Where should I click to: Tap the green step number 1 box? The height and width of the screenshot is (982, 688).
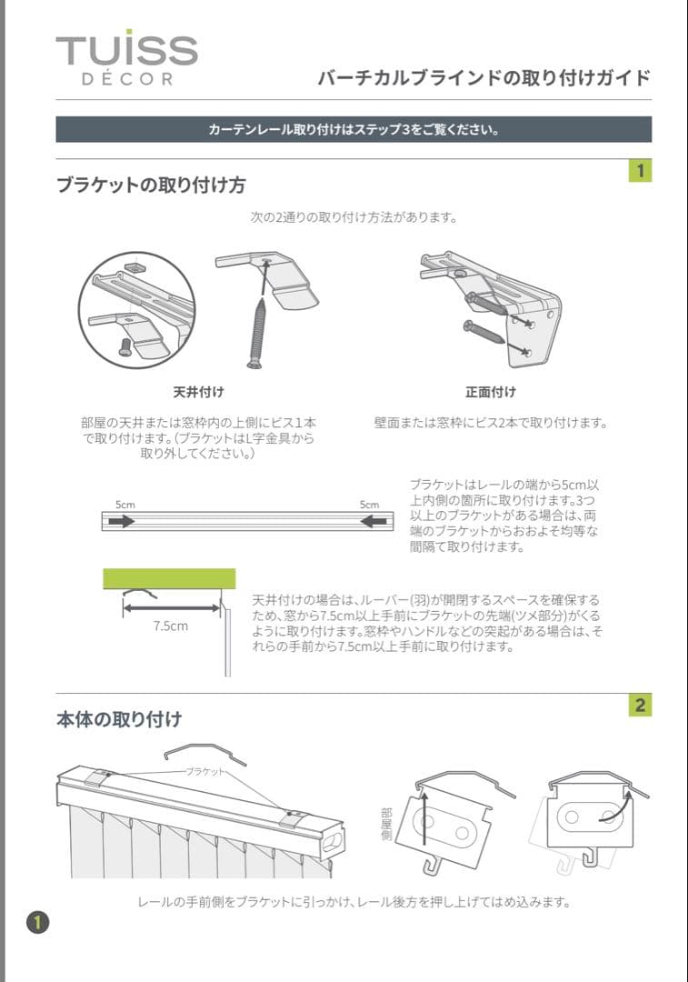point(641,170)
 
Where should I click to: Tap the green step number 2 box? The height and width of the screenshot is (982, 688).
point(641,705)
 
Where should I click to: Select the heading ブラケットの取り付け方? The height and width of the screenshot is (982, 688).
point(151,185)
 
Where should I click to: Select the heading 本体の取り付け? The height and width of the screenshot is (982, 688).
point(119,719)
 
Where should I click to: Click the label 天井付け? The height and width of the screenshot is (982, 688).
point(198,392)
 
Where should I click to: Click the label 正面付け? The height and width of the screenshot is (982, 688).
point(491,392)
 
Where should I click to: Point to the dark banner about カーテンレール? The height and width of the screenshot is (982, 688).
point(354,129)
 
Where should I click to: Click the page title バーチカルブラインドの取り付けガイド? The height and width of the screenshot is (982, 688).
point(484,78)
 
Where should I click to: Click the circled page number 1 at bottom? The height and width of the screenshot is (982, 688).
point(37,922)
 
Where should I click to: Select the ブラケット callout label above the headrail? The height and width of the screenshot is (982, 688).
point(205,770)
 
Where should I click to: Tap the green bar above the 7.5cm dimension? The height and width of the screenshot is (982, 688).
point(169,577)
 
